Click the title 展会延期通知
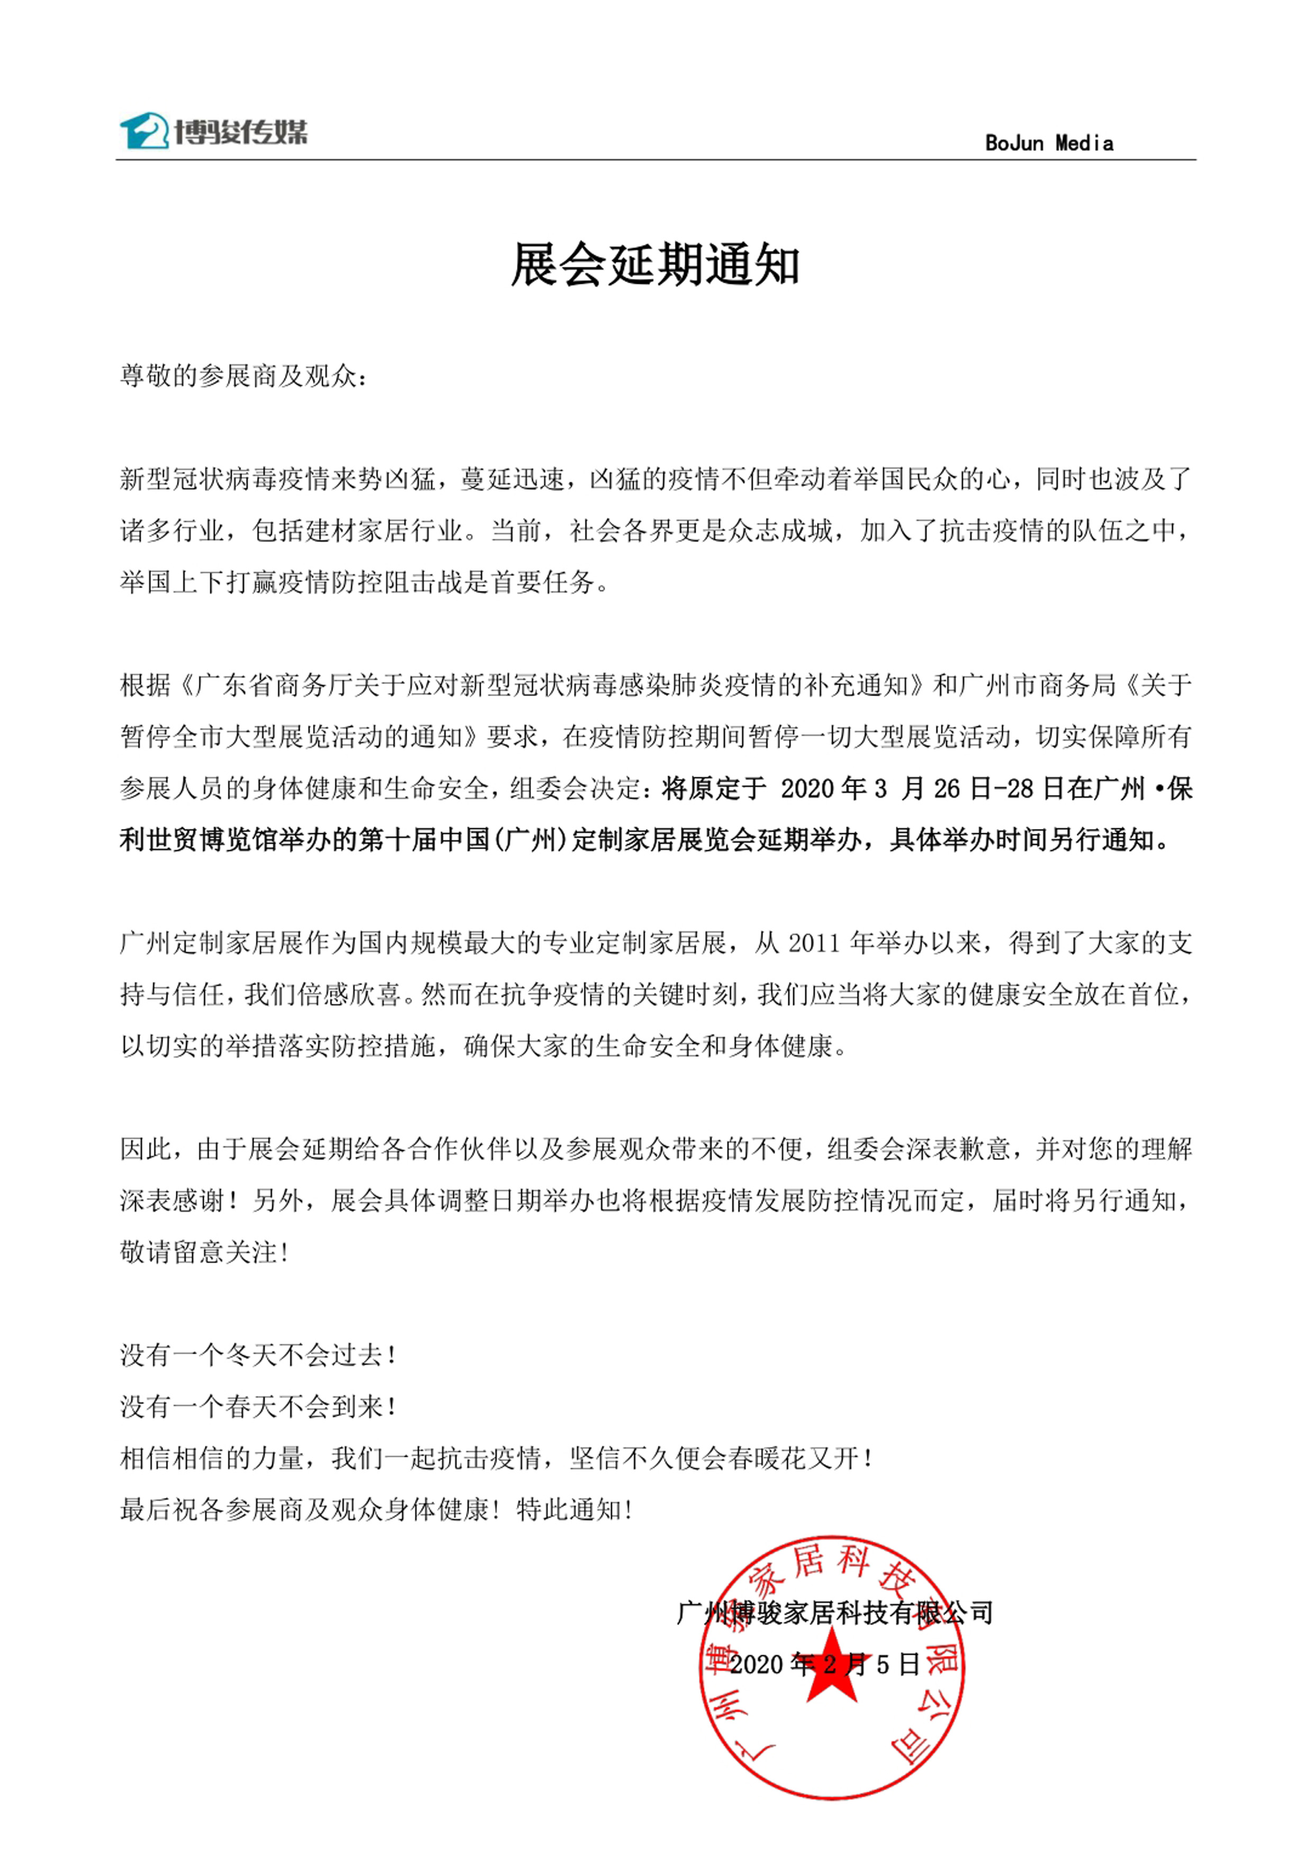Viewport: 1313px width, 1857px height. coord(655,265)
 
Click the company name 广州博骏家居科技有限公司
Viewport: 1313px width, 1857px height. coord(834,1613)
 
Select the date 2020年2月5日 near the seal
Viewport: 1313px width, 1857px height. coord(824,1664)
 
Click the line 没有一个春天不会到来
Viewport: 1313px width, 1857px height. coord(257,1407)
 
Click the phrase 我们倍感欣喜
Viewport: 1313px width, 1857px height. coord(323,994)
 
